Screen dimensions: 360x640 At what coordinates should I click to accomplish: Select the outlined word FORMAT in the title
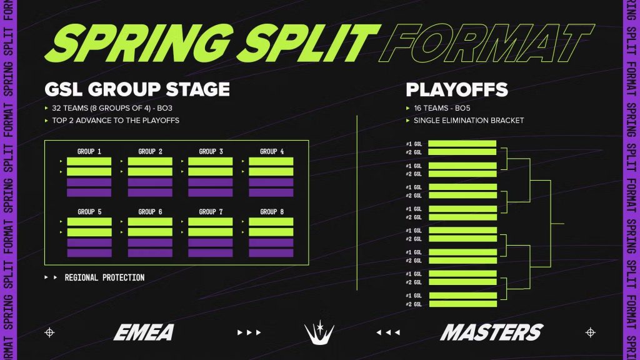click(x=487, y=42)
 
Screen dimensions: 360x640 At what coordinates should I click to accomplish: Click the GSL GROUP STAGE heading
click(x=137, y=89)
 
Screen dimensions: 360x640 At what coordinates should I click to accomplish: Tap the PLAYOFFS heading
click(x=456, y=89)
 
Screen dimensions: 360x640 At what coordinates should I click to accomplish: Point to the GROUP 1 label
click(x=89, y=151)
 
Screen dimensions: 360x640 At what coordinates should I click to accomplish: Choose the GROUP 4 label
click(x=271, y=151)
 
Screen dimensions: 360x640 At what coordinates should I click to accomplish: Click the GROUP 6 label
click(x=150, y=212)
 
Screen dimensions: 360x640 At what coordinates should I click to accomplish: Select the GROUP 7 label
click(x=211, y=212)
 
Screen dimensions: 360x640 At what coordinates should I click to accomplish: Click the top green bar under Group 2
click(x=150, y=161)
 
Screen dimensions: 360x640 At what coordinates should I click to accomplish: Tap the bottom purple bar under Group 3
click(x=211, y=192)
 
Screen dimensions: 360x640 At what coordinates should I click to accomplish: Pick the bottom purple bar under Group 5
click(x=89, y=253)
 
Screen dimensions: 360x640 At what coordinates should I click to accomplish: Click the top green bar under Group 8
click(x=271, y=222)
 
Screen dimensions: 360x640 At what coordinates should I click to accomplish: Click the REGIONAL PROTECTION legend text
click(x=104, y=277)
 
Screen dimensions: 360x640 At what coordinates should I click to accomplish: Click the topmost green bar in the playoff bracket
click(x=462, y=144)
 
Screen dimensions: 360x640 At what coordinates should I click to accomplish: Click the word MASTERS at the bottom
click(x=491, y=332)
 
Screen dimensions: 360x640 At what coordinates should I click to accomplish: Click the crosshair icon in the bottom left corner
click(x=49, y=332)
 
